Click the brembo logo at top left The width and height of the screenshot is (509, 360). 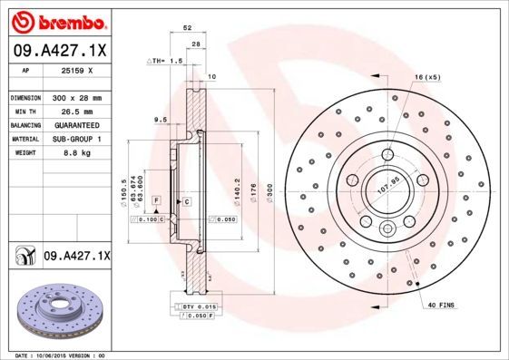click(x=60, y=20)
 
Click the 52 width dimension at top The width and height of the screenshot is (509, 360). click(x=187, y=29)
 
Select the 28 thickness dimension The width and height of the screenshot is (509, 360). click(x=195, y=44)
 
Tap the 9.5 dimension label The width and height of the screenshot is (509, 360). click(x=160, y=119)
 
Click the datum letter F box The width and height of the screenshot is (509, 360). click(x=157, y=199)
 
